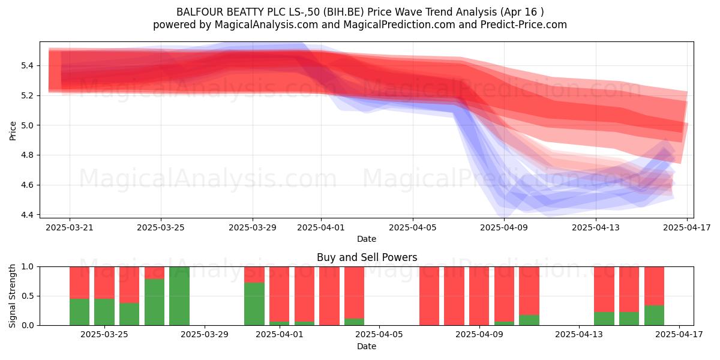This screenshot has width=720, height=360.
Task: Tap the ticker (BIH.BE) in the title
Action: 344,12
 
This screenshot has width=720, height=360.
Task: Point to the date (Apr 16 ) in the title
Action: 522,12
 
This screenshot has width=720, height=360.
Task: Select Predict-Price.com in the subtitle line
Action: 524,25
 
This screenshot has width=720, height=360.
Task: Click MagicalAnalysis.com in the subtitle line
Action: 266,25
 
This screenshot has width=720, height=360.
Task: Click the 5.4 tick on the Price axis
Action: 28,66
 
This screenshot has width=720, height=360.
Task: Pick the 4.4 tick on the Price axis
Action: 28,215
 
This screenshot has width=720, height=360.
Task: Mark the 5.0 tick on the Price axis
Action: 28,125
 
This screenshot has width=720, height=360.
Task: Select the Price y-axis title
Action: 13,131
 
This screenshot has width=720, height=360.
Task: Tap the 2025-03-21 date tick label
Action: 70,227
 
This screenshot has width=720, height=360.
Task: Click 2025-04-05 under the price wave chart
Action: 413,227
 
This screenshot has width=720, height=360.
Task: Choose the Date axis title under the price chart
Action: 367,239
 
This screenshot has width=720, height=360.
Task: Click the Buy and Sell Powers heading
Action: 367,257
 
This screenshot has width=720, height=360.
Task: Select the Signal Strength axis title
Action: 13,296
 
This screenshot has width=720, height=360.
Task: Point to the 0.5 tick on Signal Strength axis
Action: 28,296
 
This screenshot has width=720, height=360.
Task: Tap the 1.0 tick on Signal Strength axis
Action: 28,266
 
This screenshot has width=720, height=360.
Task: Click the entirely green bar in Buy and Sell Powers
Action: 179,296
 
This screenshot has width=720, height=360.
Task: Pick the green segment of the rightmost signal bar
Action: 654,316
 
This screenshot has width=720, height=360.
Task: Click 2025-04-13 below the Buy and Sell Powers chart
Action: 579,334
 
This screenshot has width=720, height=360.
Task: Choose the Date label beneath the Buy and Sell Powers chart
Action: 367,346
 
